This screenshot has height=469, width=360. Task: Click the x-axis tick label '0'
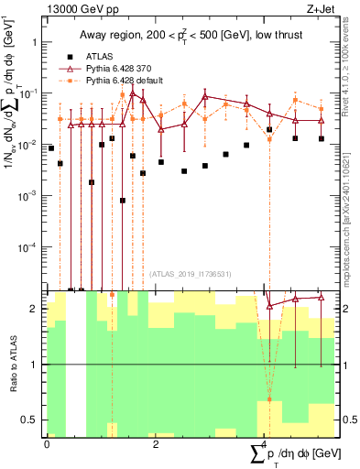point(47,444)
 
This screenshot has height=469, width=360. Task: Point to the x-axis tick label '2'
point(155,444)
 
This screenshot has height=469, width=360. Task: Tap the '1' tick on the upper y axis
point(34,42)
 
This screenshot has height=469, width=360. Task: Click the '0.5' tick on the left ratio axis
point(29,420)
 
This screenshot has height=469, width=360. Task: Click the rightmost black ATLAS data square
point(322,138)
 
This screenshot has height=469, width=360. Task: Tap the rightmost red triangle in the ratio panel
point(322,297)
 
